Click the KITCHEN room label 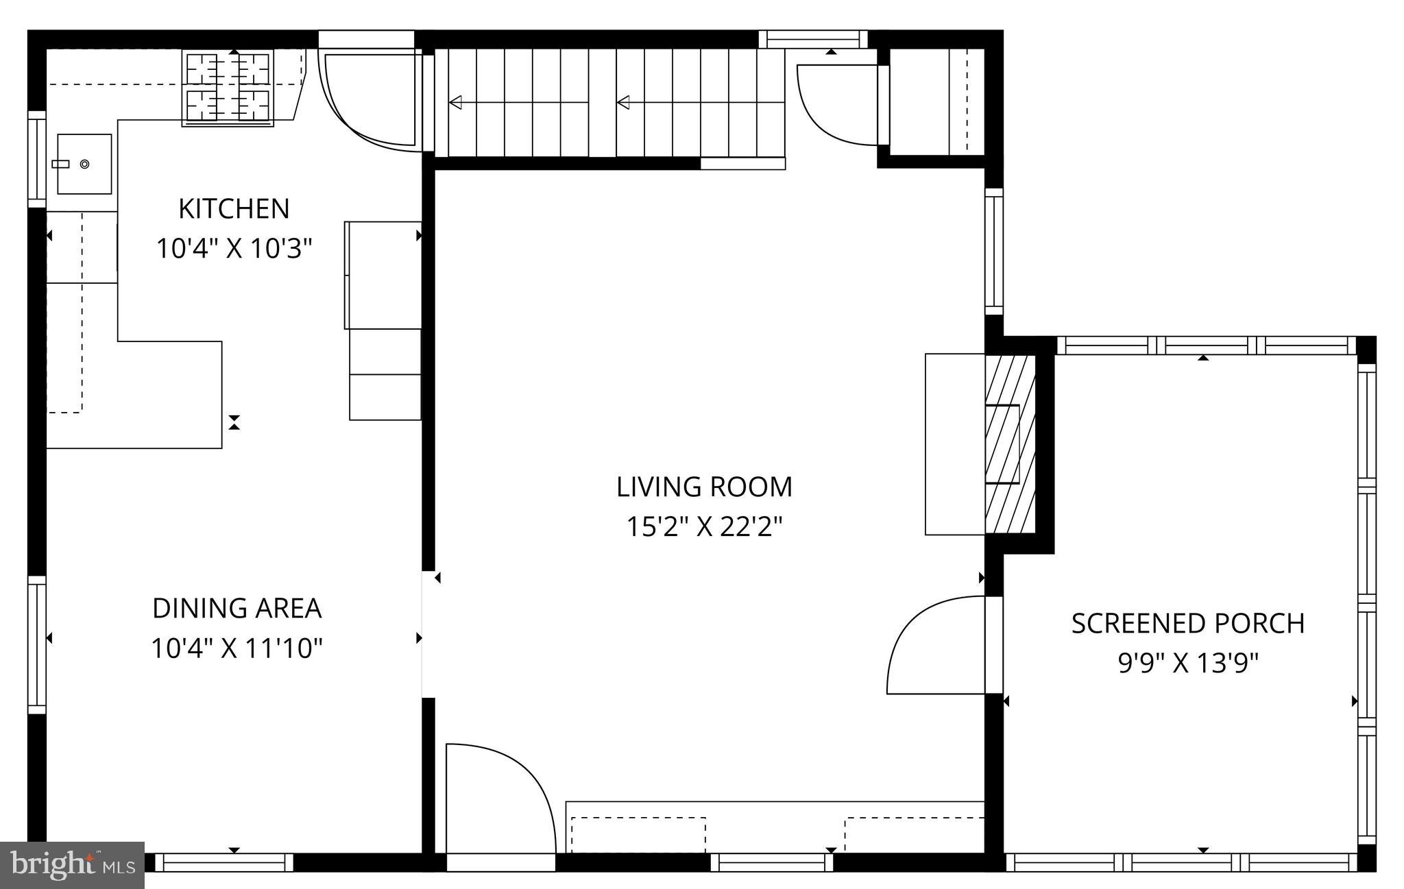click(x=234, y=209)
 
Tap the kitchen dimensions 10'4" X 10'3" click(x=234, y=248)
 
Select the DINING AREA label click(x=237, y=609)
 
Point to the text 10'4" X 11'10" click(x=237, y=648)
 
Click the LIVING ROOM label click(x=704, y=487)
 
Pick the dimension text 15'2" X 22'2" click(x=704, y=527)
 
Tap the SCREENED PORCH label click(x=1187, y=624)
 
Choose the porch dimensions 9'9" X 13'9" click(x=1187, y=663)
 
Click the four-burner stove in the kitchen click(x=228, y=87)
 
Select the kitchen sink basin click(x=84, y=164)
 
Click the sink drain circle click(x=84, y=164)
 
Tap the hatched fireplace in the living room click(x=1009, y=444)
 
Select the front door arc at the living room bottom click(x=507, y=781)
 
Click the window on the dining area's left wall click(x=36, y=644)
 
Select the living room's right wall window click(x=993, y=252)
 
